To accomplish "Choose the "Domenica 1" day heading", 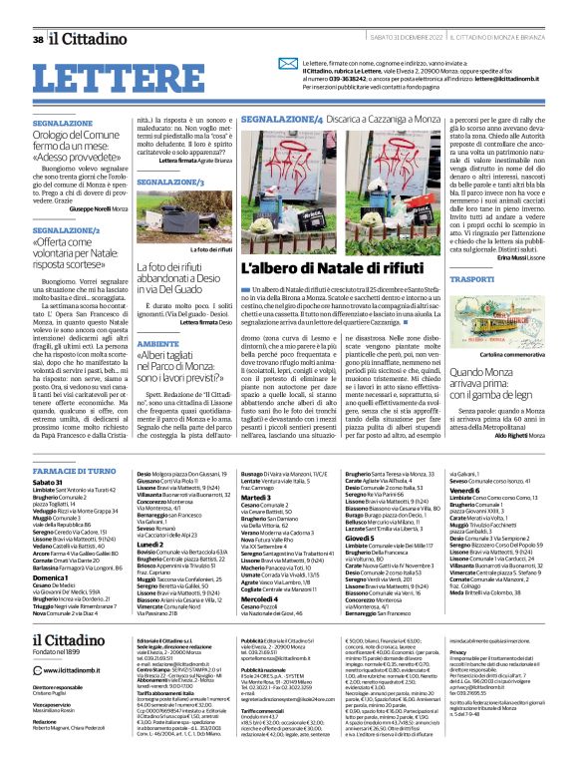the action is pyautogui.click(x=52, y=550).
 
